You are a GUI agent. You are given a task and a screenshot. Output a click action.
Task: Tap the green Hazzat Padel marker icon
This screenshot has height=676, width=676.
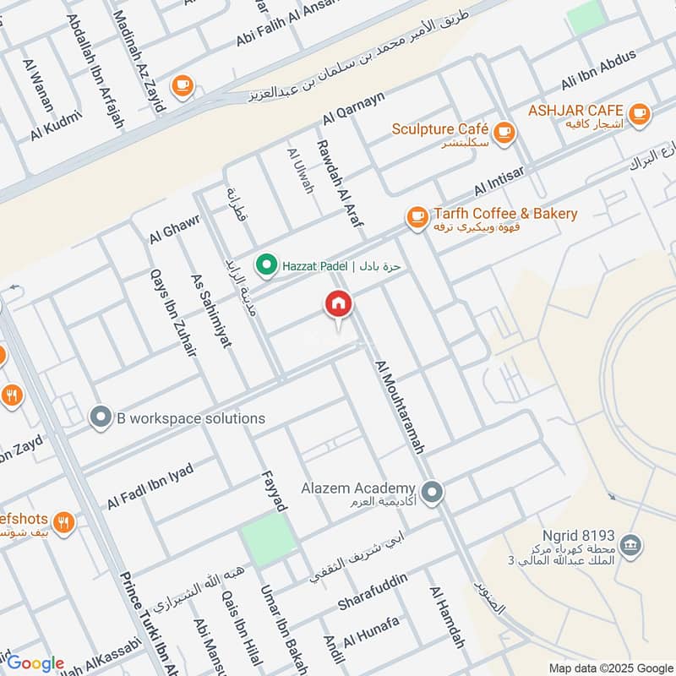(267, 265)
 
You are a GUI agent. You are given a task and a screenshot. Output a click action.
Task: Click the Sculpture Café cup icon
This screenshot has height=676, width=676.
(504, 132)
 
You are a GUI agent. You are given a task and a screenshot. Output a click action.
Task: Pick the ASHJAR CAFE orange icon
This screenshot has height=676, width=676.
(640, 112)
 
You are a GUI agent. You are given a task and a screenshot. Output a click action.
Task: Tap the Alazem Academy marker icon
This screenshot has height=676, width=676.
(433, 491)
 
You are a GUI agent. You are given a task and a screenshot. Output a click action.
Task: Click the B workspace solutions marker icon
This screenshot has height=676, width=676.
(101, 417)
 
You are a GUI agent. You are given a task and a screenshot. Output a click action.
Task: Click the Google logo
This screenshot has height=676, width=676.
(35, 663)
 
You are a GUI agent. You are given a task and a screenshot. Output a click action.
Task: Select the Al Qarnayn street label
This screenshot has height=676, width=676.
(352, 109)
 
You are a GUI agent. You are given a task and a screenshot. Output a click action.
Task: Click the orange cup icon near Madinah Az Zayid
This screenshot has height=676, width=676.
(182, 85)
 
